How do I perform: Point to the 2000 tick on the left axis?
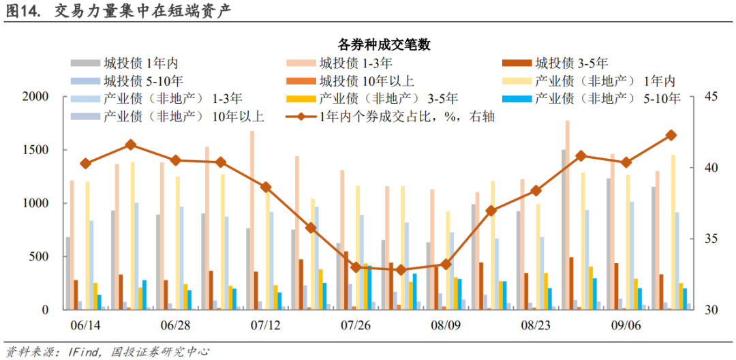(35, 97)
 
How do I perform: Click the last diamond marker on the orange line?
(671, 135)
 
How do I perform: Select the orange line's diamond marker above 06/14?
(85, 164)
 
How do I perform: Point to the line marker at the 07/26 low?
(355, 267)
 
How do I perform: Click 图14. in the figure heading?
(24, 12)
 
